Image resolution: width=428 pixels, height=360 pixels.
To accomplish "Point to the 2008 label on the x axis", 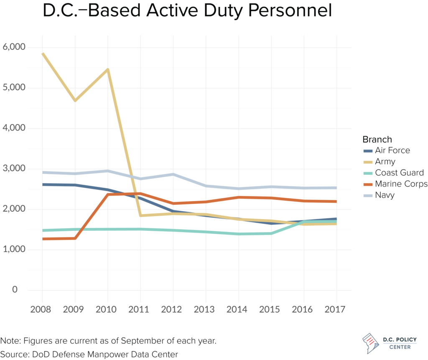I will (42, 309).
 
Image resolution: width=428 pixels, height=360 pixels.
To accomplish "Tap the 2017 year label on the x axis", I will (336, 309).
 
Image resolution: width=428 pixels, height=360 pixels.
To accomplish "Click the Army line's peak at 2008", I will (43, 54).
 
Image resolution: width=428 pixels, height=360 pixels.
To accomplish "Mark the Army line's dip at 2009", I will (75, 101).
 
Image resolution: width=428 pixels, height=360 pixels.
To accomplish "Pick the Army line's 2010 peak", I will (108, 69).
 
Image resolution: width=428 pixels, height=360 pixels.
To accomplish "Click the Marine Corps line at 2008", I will (43, 239).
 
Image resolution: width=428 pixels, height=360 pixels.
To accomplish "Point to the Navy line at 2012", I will (173, 174).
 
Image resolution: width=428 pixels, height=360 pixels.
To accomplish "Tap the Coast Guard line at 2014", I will (239, 234).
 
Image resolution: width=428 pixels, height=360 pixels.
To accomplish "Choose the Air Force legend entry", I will (392, 150).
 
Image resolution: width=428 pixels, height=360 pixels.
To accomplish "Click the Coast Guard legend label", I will (399, 173).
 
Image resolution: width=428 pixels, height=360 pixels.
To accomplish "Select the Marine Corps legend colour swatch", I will (367, 184).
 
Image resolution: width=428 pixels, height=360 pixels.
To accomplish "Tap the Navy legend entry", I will (384, 195).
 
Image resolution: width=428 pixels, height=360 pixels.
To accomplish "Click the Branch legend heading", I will (377, 139).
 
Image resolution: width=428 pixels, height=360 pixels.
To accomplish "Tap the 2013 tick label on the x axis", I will (206, 309).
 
